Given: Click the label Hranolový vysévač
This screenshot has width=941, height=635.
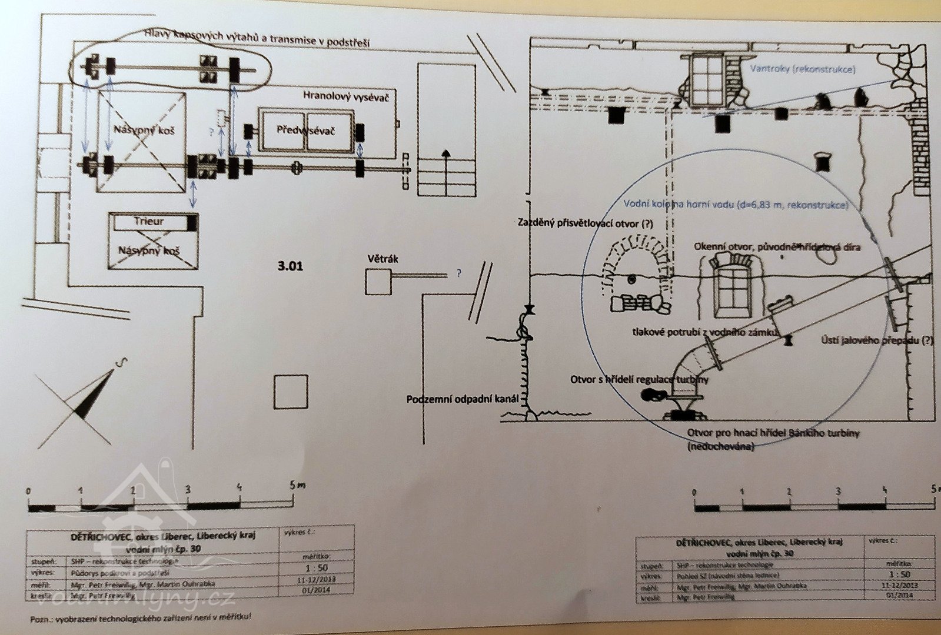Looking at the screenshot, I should [x=345, y=96].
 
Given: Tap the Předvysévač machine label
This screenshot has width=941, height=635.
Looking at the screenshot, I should [x=305, y=130].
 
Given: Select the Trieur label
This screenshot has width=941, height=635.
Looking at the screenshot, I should [x=148, y=222].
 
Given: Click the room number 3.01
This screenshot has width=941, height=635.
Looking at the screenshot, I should [x=290, y=266].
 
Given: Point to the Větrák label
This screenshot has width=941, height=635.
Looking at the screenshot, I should [x=383, y=258].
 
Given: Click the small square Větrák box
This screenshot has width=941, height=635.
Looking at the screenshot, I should [x=378, y=281].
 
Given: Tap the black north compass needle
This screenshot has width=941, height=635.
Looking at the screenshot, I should [x=94, y=394].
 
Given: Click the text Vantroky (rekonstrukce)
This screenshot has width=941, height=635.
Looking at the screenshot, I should [x=803, y=69].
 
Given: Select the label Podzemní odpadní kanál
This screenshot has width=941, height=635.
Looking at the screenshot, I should [x=463, y=399].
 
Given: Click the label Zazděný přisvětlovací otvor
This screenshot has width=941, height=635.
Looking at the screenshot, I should [x=585, y=223].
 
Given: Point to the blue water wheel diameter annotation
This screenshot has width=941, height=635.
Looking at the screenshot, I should [x=736, y=205].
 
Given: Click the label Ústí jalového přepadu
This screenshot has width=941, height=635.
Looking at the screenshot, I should [x=877, y=340].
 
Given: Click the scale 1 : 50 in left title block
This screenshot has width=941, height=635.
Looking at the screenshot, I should [x=316, y=568].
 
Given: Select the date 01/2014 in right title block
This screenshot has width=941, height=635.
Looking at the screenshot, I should [x=899, y=595].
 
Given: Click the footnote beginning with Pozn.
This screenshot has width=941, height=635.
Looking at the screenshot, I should [x=141, y=618].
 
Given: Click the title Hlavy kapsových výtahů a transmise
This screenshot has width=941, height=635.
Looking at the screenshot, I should [x=257, y=38].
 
